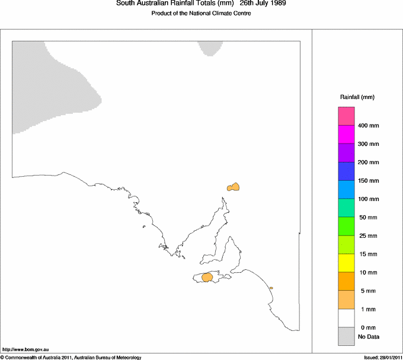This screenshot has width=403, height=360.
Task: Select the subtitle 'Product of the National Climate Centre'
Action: pyautogui.click(x=201, y=13)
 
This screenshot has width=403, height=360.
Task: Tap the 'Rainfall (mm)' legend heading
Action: pyautogui.click(x=357, y=97)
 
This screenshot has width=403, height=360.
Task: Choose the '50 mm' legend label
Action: pyautogui.click(x=367, y=218)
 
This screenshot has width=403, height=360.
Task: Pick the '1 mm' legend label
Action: pyautogui.click(x=366, y=310)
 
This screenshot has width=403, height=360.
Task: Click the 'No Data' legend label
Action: pyautogui.click(x=368, y=337)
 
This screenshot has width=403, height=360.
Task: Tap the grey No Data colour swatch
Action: pyautogui.click(x=346, y=336)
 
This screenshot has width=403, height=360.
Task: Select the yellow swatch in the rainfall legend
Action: pyautogui.click(x=346, y=263)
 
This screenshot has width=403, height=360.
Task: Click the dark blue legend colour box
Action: pyautogui.click(x=346, y=171)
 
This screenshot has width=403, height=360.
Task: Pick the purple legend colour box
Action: pyautogui.click(x=346, y=152)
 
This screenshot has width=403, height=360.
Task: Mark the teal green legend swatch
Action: pyautogui.click(x=346, y=208)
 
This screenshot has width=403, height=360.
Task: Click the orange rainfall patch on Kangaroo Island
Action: pyautogui.click(x=207, y=277)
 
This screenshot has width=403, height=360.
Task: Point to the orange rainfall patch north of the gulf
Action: pyautogui.click(x=234, y=187)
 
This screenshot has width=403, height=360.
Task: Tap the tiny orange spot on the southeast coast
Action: pyautogui.click(x=271, y=288)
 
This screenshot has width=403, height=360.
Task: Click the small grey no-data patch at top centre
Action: pyautogui.click(x=210, y=48)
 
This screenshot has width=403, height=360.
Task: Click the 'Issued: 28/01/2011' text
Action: pyautogui.click(x=382, y=357)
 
